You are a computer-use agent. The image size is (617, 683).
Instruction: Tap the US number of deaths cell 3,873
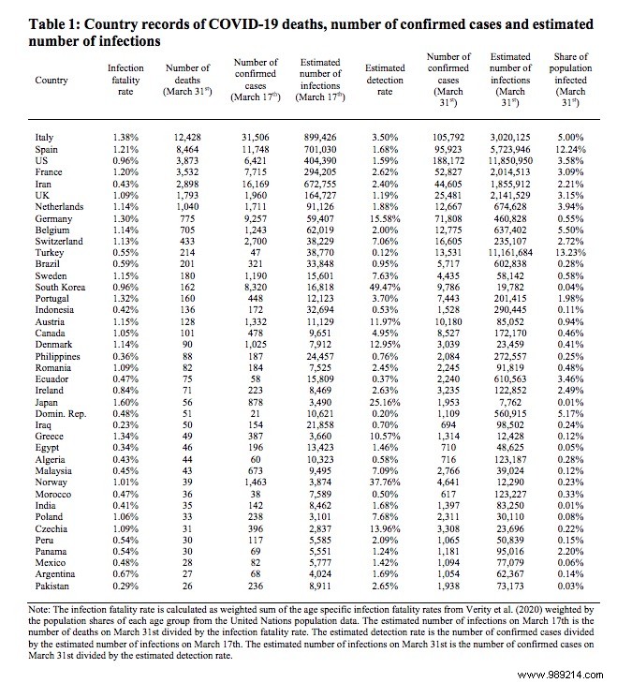tap(189, 161)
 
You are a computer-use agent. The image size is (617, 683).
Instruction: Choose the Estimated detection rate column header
tap(384, 74)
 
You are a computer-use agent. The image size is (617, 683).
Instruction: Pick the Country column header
tap(51, 81)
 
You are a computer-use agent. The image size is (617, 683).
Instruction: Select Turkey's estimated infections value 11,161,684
tap(509, 253)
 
